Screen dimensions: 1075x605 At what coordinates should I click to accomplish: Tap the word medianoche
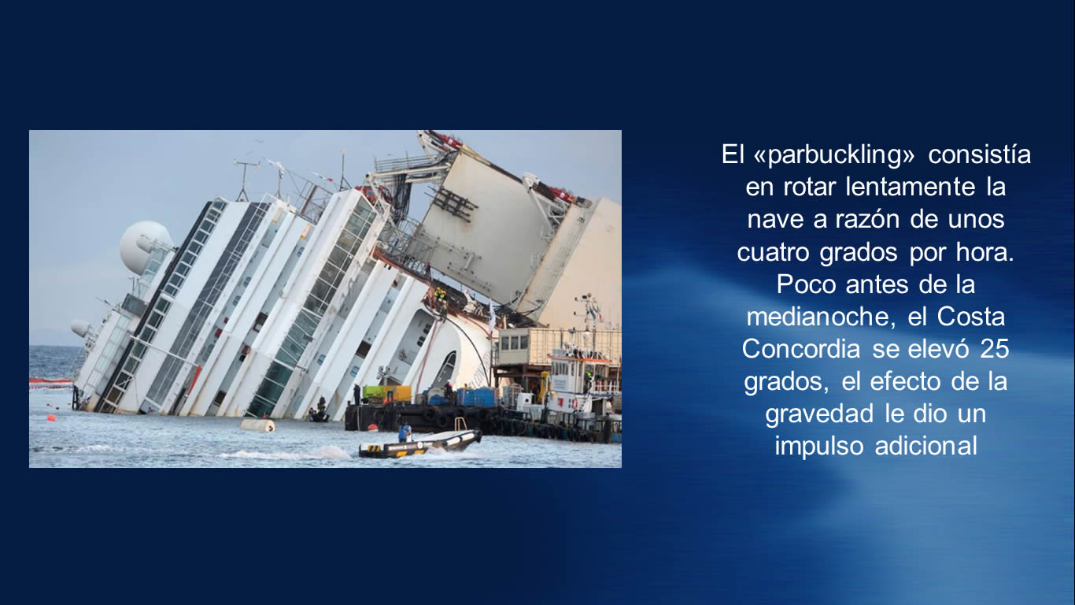pos(814,317)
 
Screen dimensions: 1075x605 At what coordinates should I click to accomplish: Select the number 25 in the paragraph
pos(995,349)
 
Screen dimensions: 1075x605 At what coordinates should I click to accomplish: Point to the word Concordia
pos(800,349)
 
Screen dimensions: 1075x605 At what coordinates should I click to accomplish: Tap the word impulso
pos(819,447)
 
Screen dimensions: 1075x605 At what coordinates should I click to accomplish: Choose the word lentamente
pos(911,187)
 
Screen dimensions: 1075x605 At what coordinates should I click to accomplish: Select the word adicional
pos(926,446)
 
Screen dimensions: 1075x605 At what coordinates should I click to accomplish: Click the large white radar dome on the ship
pos(146,247)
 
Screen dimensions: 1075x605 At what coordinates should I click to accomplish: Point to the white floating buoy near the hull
pos(257,425)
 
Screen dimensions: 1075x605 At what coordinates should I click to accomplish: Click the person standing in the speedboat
pos(405,433)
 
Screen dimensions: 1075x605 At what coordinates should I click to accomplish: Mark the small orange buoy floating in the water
pos(51,418)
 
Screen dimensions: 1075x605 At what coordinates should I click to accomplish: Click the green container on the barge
pos(386,394)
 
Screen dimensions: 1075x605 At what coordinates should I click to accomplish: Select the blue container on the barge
pos(476,396)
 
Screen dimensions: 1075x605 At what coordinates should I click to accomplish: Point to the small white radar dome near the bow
pos(80,328)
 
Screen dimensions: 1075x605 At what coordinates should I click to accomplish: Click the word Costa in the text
pos(971,317)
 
